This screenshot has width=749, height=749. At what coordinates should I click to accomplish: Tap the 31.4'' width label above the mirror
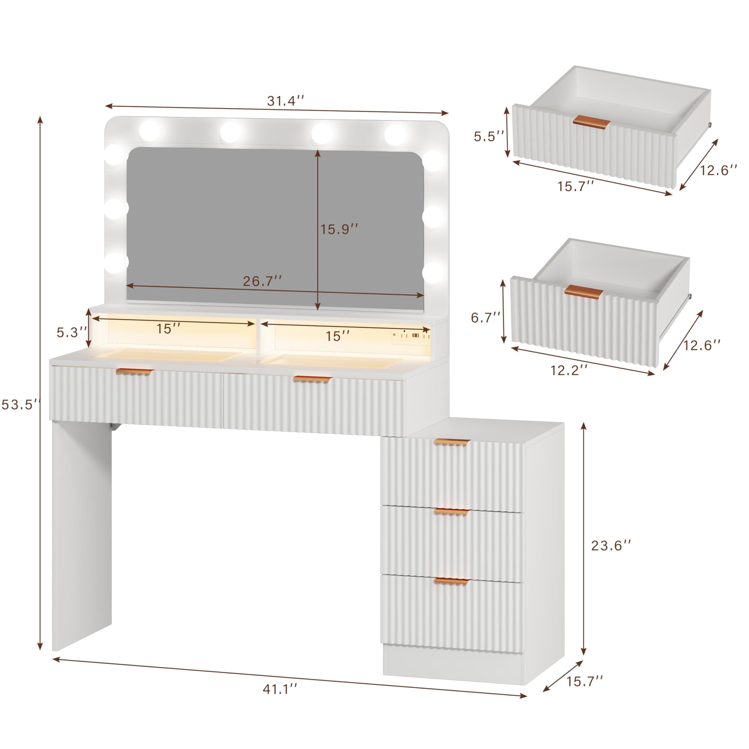click(x=285, y=101)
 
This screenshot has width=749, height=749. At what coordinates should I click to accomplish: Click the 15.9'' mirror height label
click(x=339, y=229)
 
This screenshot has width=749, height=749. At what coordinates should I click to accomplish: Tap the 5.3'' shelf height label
click(x=72, y=332)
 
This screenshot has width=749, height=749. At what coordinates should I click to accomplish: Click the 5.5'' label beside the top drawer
click(x=489, y=136)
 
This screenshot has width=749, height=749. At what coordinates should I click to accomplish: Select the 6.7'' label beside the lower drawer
click(x=486, y=318)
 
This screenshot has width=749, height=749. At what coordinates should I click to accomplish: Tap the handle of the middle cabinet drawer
click(x=451, y=512)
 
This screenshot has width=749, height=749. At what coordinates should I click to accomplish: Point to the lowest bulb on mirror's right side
click(x=433, y=272)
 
